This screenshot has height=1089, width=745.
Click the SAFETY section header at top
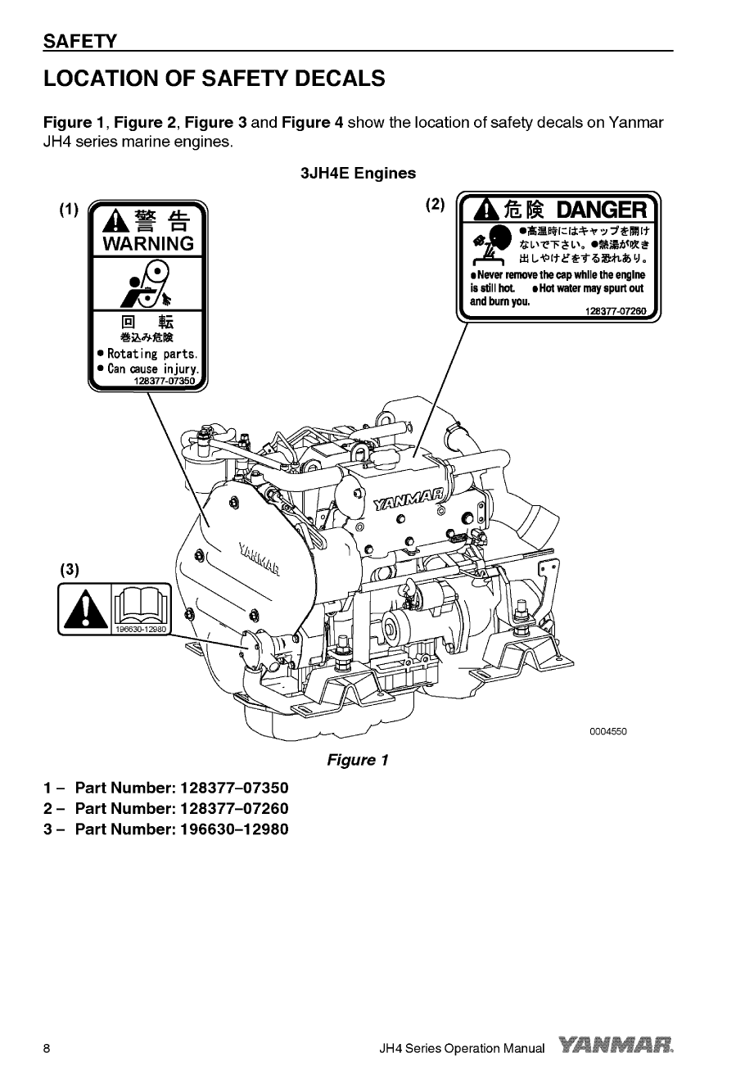pyautogui.click(x=80, y=41)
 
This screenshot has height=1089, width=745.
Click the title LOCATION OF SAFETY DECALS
pyautogui.click(x=214, y=79)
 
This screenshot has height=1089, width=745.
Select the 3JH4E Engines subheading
pyautogui.click(x=358, y=174)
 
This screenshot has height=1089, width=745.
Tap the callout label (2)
pyautogui.click(x=435, y=204)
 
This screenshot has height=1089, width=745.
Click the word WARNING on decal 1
pyautogui.click(x=148, y=244)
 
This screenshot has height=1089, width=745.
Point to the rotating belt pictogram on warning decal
pyautogui.click(x=148, y=282)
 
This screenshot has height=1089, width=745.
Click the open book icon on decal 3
pyautogui.click(x=140, y=607)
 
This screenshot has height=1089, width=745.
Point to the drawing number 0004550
pyautogui.click(x=607, y=731)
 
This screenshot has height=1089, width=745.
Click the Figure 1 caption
pyautogui.click(x=357, y=761)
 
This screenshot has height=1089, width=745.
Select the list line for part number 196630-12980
pyautogui.click(x=166, y=829)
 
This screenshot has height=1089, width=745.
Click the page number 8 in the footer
pyautogui.click(x=47, y=1049)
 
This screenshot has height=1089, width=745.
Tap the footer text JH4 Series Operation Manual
pyautogui.click(x=463, y=1049)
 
